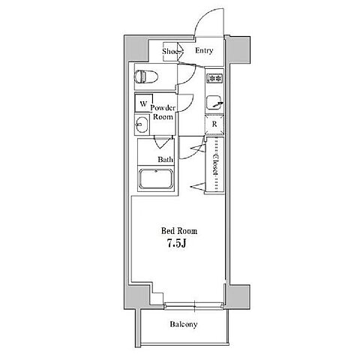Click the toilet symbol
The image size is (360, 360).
(145, 76)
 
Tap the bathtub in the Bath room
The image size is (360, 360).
(156, 179)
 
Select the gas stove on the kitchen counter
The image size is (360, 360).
(214, 78)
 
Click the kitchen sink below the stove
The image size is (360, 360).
(214, 103)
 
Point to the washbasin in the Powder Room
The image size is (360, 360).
(142, 124)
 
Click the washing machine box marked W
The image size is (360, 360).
(143, 103)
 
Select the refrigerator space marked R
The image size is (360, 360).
(214, 124)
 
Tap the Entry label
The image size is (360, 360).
(204, 50)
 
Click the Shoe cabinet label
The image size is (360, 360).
(170, 52)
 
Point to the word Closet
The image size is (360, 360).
(215, 164)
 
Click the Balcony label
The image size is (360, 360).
(184, 324)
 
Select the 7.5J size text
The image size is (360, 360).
(177, 243)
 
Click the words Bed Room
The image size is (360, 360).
(179, 231)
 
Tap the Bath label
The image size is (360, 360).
(165, 160)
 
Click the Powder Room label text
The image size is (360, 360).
(163, 112)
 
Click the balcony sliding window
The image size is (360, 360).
(194, 305)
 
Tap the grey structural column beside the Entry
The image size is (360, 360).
(239, 49)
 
